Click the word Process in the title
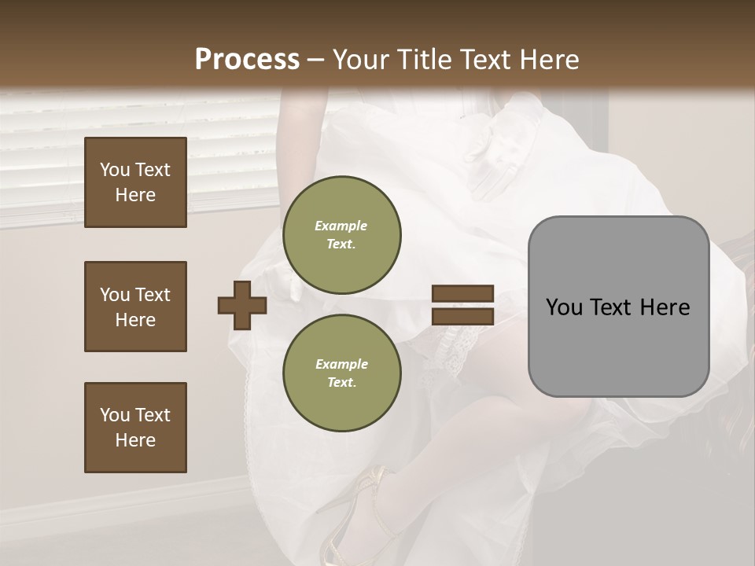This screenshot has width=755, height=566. click(x=247, y=60)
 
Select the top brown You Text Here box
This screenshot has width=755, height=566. click(x=135, y=182)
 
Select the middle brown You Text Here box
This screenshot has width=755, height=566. click(x=135, y=307)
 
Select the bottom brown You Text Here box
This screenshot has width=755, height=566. click(x=135, y=428)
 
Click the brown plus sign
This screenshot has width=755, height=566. click(x=242, y=305)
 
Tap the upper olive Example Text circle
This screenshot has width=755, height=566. click(x=341, y=234)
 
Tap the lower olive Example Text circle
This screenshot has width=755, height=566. click(x=341, y=373)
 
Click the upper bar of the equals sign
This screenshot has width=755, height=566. click(x=462, y=293)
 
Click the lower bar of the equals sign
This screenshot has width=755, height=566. click(x=462, y=317)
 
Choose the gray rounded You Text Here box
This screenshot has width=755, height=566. click(x=618, y=307)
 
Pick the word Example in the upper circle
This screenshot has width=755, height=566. click(x=341, y=226)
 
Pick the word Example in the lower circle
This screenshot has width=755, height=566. click(x=341, y=364)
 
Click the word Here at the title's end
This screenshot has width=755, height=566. click(x=549, y=60)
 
